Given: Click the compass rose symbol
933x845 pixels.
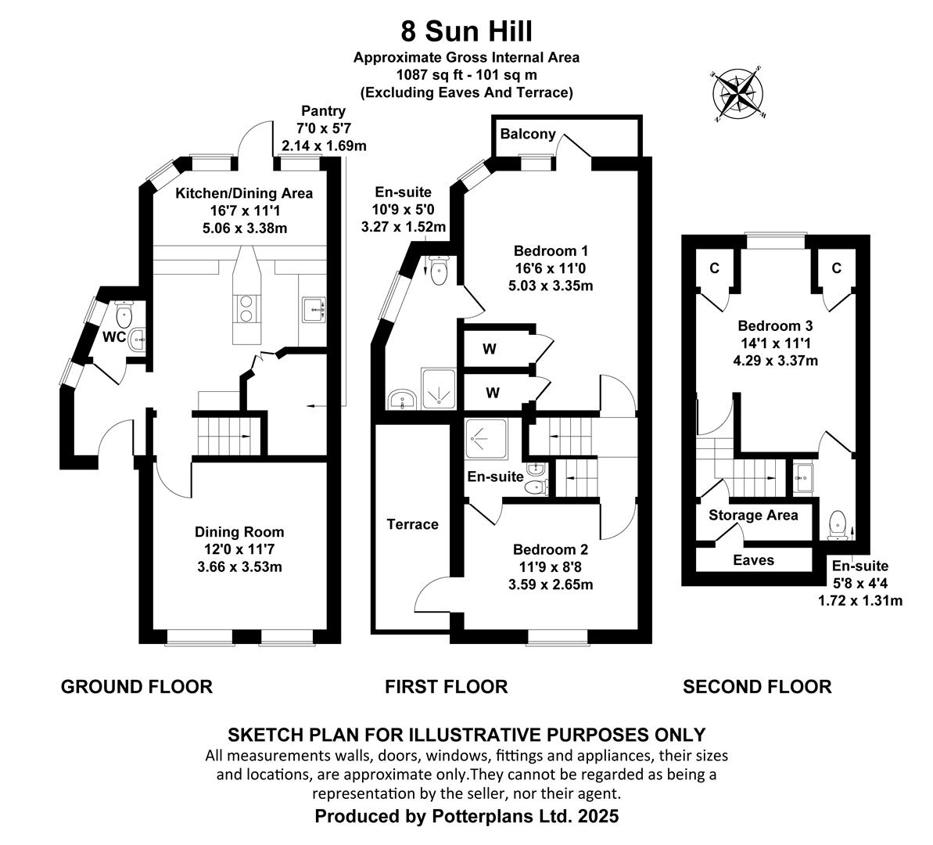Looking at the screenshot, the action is point(739,93).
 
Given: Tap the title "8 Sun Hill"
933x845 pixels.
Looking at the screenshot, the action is point(466,31).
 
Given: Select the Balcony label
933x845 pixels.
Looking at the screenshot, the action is point(528,133).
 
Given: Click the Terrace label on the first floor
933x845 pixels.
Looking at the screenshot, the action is point(412,524).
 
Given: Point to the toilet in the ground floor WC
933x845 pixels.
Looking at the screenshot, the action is point(124,313).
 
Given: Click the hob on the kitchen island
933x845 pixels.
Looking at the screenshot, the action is point(246,308).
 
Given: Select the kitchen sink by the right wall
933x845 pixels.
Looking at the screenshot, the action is point(314,310).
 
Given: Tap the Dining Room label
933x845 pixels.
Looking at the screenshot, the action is point(239,532).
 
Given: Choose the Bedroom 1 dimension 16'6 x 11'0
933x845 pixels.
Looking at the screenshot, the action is point(551,268).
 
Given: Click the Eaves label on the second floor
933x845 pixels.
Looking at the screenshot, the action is point(753,560).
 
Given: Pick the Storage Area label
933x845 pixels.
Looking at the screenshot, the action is point(753,515).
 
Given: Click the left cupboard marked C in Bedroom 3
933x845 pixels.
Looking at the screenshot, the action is point(715,268).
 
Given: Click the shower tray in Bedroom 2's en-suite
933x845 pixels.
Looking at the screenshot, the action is point(486,440).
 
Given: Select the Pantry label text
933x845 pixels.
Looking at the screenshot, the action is point(323,111).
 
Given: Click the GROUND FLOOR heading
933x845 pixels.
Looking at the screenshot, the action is point(137,687).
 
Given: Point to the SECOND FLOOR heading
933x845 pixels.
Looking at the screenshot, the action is point(757,687).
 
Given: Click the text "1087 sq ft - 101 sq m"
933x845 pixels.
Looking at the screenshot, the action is point(466,75).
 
